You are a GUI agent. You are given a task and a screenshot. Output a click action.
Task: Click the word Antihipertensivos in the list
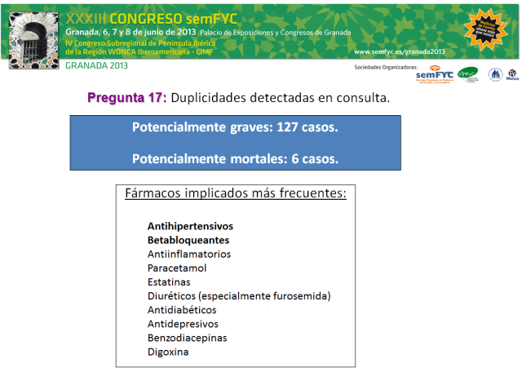coord(190,225)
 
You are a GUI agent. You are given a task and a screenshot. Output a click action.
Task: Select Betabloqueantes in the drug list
coord(188,241)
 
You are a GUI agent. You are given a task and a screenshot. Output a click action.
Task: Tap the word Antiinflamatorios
coord(189,255)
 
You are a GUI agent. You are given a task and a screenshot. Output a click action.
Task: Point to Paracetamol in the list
coord(177,268)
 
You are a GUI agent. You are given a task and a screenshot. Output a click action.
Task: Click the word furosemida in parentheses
coord(303,295)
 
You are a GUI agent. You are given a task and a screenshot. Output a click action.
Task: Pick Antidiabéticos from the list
coord(182,310)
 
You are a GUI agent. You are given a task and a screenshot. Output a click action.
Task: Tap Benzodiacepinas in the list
coord(188,338)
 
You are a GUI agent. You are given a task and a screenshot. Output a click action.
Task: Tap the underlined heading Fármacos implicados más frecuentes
coord(236,194)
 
